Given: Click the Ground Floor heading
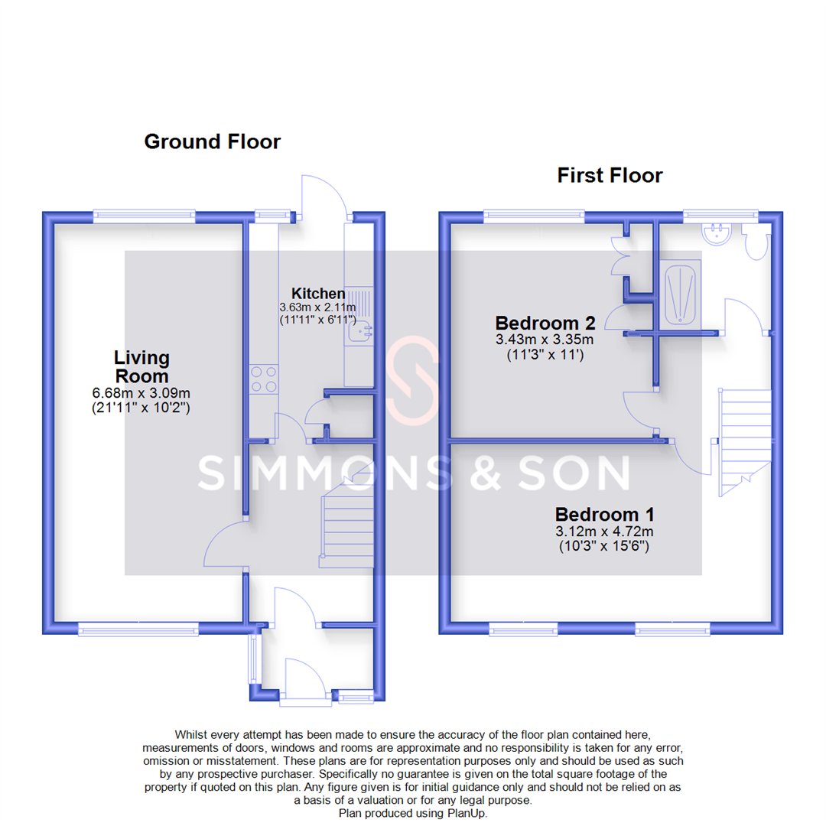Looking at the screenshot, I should coord(212,141).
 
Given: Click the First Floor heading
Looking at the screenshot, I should coord(610,176).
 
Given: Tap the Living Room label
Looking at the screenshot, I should coord(141,366).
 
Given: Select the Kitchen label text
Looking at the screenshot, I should coord(318,294).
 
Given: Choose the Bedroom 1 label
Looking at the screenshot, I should coord(604,514).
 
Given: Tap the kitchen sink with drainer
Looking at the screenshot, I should coord(359,317).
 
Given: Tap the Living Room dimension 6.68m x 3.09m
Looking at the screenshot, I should coord(141,394).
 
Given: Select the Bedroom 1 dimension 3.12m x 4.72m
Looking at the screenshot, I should coord(604,532).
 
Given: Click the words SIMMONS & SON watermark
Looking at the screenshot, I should coord(413,474).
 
